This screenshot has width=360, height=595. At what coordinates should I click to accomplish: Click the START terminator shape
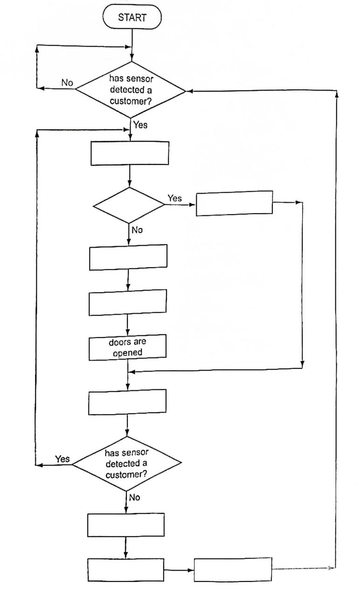(132, 18)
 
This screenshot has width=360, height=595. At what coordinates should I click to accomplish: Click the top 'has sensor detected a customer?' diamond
(131, 88)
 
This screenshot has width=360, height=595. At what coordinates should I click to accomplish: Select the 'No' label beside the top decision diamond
(67, 83)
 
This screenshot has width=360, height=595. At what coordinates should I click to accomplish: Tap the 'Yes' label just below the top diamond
(140, 125)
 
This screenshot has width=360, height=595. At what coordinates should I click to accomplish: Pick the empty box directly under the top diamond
(129, 153)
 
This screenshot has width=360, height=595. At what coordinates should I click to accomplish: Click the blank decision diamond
(129, 205)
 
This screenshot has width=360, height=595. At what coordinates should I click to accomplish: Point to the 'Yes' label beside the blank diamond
(174, 199)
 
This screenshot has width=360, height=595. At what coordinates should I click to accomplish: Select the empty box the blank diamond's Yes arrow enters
(234, 203)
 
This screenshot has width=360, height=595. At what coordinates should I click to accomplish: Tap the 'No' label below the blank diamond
(138, 230)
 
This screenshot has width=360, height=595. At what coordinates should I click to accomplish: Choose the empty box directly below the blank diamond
(128, 257)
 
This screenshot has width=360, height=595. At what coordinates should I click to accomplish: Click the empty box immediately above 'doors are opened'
(128, 302)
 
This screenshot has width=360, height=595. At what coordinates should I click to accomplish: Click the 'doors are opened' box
(128, 347)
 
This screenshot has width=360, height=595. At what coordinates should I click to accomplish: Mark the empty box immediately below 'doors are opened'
(127, 401)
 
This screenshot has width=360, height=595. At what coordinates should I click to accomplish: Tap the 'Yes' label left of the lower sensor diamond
(62, 459)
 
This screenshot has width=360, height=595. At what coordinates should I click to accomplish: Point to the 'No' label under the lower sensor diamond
(134, 498)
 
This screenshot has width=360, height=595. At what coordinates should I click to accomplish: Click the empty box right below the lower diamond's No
(126, 525)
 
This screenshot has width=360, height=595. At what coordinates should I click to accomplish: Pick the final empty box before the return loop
(232, 569)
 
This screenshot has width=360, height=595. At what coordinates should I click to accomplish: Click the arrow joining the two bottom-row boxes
(179, 570)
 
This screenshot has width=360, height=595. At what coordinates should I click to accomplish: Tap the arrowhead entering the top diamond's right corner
(189, 91)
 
